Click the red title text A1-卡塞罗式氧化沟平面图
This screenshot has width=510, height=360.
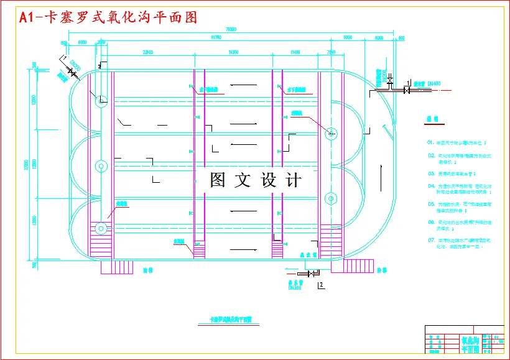(109, 17)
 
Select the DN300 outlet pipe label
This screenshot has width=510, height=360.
(294, 287)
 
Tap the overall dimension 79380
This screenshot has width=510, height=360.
(231, 29)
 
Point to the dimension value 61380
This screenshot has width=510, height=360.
(216, 37)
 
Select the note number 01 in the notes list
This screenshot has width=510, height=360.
(430, 142)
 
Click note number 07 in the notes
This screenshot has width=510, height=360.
(430, 239)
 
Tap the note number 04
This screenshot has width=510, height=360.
(430, 186)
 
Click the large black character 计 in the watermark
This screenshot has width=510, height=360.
(293, 180)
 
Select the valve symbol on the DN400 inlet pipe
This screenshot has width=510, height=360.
(407, 91)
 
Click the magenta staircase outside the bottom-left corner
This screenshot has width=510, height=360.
(116, 266)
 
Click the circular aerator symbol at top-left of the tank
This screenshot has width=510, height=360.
(100, 100)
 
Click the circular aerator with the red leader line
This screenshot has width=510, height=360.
(331, 133)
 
